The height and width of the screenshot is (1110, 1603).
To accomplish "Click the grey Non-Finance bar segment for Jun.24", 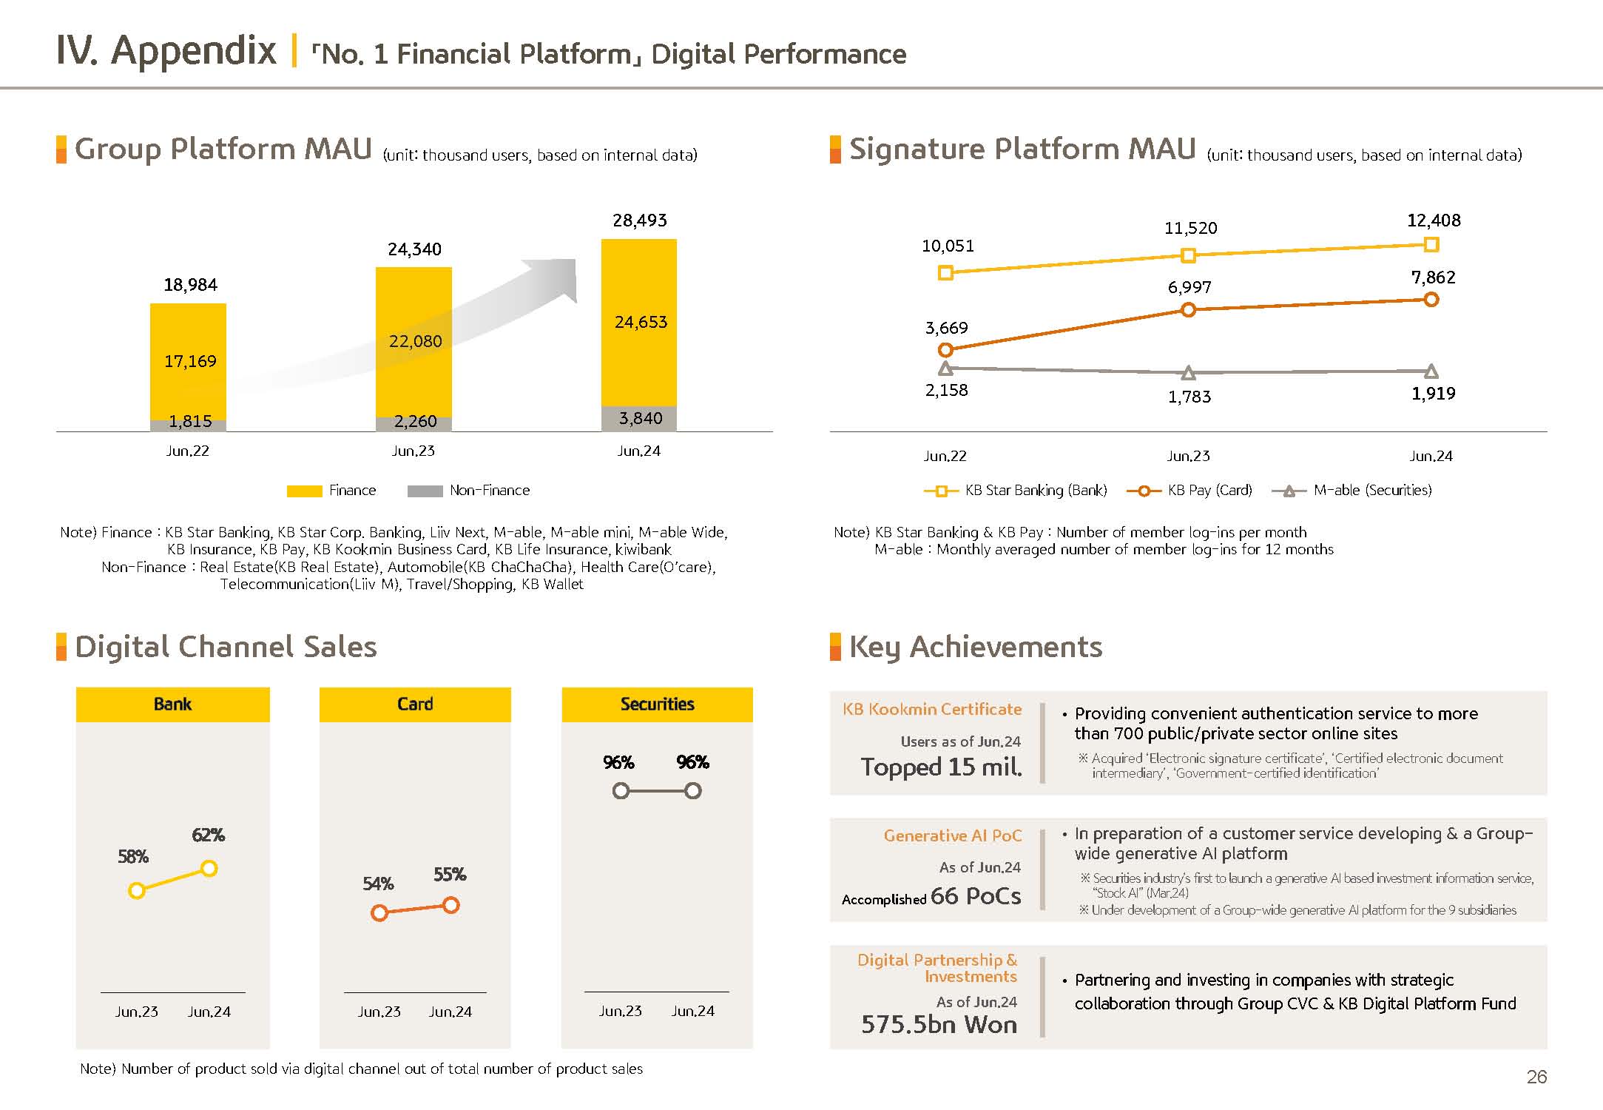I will click(x=639, y=418).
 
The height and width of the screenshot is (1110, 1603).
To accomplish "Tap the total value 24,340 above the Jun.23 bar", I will click(x=414, y=249).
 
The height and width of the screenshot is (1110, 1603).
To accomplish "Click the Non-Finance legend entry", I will click(x=469, y=491).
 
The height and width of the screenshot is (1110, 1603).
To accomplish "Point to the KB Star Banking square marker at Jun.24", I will click(x=1431, y=244).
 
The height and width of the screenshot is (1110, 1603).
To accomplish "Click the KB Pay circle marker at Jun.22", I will click(x=945, y=350).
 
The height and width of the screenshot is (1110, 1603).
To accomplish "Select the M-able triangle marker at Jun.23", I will click(x=1189, y=372).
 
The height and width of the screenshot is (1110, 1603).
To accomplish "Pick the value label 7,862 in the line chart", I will click(x=1433, y=277).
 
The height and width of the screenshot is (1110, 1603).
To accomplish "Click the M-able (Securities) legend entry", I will click(x=1352, y=491).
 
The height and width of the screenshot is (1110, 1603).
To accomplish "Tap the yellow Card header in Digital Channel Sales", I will click(x=415, y=704).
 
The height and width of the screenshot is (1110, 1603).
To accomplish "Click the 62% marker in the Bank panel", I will click(x=209, y=868).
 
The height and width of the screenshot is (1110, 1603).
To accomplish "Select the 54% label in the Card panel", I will click(x=378, y=884).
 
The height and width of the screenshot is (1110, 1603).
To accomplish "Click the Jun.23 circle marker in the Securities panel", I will click(x=621, y=791).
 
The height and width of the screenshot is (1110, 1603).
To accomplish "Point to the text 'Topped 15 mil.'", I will click(x=941, y=767).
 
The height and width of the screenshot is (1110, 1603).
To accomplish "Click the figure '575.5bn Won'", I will click(x=939, y=1024).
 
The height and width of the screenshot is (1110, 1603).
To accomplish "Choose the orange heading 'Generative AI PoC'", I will click(x=952, y=835).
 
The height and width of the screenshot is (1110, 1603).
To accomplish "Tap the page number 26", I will click(x=1536, y=1077).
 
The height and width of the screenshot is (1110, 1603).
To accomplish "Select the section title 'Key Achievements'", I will click(x=975, y=647).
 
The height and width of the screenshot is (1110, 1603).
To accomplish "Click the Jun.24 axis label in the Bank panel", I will click(x=209, y=1012).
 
